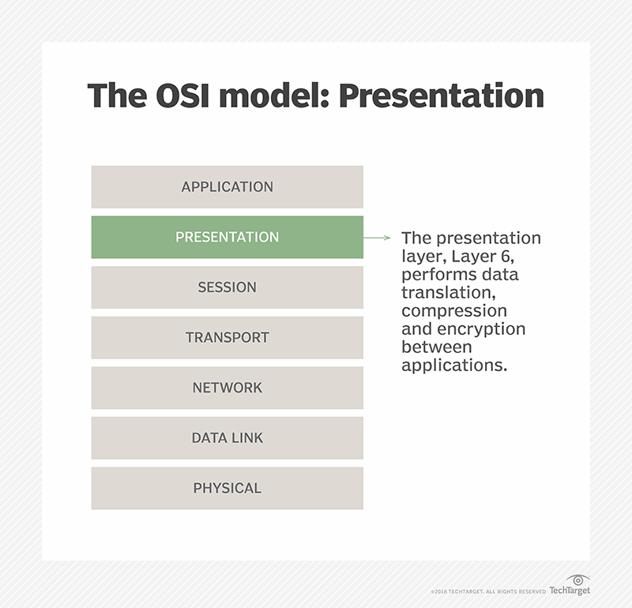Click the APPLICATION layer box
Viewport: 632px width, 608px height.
click(x=227, y=187)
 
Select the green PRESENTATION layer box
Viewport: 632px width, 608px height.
click(x=227, y=237)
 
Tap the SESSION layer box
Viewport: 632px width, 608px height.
click(x=227, y=287)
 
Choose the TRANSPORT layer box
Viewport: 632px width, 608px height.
click(x=227, y=337)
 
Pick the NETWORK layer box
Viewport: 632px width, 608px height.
click(x=227, y=388)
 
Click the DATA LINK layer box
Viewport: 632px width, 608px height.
click(x=227, y=437)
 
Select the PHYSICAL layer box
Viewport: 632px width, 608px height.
click(x=227, y=488)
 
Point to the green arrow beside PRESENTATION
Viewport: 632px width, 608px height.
click(x=378, y=237)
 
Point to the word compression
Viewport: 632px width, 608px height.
click(x=453, y=310)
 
